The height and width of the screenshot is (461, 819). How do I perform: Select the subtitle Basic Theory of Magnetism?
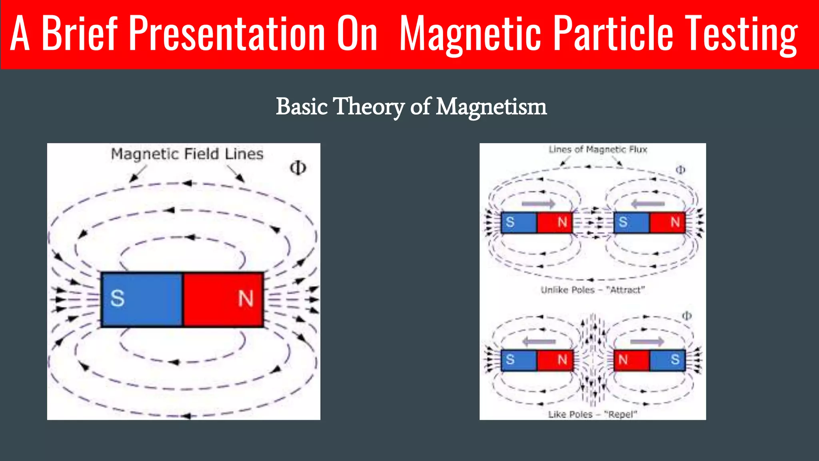pos(411,107)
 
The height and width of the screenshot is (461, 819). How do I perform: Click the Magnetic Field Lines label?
pos(187,154)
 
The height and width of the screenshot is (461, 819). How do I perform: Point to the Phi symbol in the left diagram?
pos(298,168)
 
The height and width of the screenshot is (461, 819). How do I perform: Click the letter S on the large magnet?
pos(117,299)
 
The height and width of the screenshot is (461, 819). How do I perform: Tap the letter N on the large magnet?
pos(246,299)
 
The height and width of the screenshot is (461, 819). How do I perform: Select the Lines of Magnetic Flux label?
pos(597,150)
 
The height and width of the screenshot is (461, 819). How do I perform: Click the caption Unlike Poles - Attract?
pos(593,290)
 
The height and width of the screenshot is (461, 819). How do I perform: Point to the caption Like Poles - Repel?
pos(592,414)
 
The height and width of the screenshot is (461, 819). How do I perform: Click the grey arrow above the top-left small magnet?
pos(538,204)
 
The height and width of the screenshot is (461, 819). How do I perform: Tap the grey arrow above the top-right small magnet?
pos(648,204)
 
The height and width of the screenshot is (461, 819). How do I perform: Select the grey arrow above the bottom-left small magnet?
pos(539,342)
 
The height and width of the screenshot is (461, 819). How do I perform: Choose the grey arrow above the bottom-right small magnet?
pos(647,342)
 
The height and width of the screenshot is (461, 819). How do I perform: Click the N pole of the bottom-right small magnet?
pos(623,359)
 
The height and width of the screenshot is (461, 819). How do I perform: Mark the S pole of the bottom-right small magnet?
pos(675,359)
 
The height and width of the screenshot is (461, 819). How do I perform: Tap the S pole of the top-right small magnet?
pos(623,222)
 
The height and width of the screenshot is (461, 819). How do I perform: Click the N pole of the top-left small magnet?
pos(562,222)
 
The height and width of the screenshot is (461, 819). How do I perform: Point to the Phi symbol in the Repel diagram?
pos(687,316)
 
